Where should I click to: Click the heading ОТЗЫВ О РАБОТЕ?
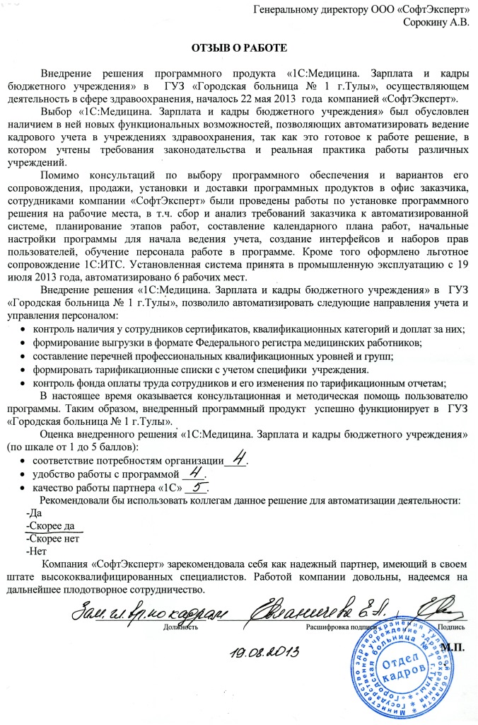(x=238, y=47)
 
